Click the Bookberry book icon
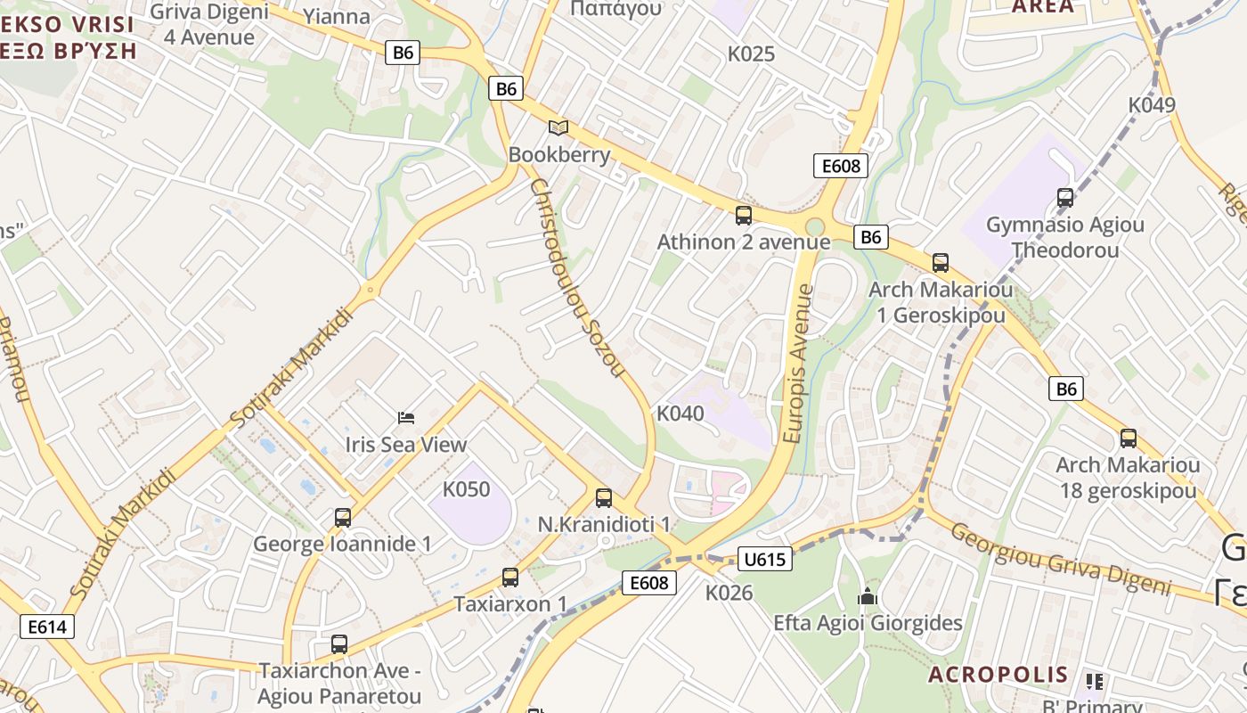[x=558, y=128]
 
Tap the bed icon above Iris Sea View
[x=406, y=417]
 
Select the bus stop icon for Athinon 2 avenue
[x=744, y=215]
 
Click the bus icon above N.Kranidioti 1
[x=604, y=498]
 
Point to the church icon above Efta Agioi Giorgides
[x=868, y=596]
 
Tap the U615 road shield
[x=765, y=559]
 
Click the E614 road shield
[x=47, y=627]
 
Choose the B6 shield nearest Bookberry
[x=506, y=88]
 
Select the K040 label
[x=680, y=414]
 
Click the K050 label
[x=466, y=489]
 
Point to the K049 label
[x=1152, y=105]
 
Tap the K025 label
[x=751, y=54]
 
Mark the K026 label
[x=729, y=593]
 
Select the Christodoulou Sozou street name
[x=577, y=277]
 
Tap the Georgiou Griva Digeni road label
[x=1060, y=559]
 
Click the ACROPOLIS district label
[x=998, y=675]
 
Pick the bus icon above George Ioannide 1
[x=343, y=518]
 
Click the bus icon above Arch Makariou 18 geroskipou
[x=1129, y=438]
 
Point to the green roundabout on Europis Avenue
[x=814, y=227]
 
